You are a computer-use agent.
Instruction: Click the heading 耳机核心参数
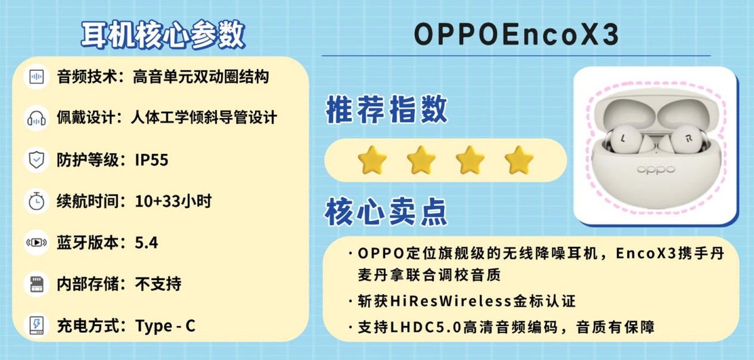pyautogui.click(x=163, y=36)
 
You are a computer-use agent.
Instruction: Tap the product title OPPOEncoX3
pyautogui.click(x=516, y=36)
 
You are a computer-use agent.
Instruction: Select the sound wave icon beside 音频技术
pyautogui.click(x=36, y=77)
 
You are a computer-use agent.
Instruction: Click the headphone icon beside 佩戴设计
pyautogui.click(x=36, y=117)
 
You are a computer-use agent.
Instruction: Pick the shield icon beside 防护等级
pyautogui.click(x=36, y=160)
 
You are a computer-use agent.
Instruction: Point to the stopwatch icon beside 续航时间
pyautogui.click(x=36, y=201)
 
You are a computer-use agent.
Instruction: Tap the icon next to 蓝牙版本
pyautogui.click(x=36, y=243)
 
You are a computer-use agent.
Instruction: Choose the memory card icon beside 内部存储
pyautogui.click(x=36, y=284)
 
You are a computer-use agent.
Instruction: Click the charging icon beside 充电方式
pyautogui.click(x=36, y=325)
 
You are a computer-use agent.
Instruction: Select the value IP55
pyautogui.click(x=151, y=160)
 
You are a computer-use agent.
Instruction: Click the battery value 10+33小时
pyautogui.click(x=173, y=202)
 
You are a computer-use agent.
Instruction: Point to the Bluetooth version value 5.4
pyautogui.click(x=146, y=243)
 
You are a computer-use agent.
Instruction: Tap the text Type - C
pyautogui.click(x=165, y=326)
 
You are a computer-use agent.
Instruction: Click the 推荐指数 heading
pyautogui.click(x=386, y=110)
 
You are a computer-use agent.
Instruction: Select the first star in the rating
pyautogui.click(x=372, y=160)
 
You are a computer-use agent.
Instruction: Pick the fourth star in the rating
pyautogui.click(x=519, y=160)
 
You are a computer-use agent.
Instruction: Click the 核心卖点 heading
pyautogui.click(x=386, y=212)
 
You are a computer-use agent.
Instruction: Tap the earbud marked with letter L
pyautogui.click(x=623, y=138)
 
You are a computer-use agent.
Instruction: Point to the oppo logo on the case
pyautogui.click(x=655, y=169)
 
